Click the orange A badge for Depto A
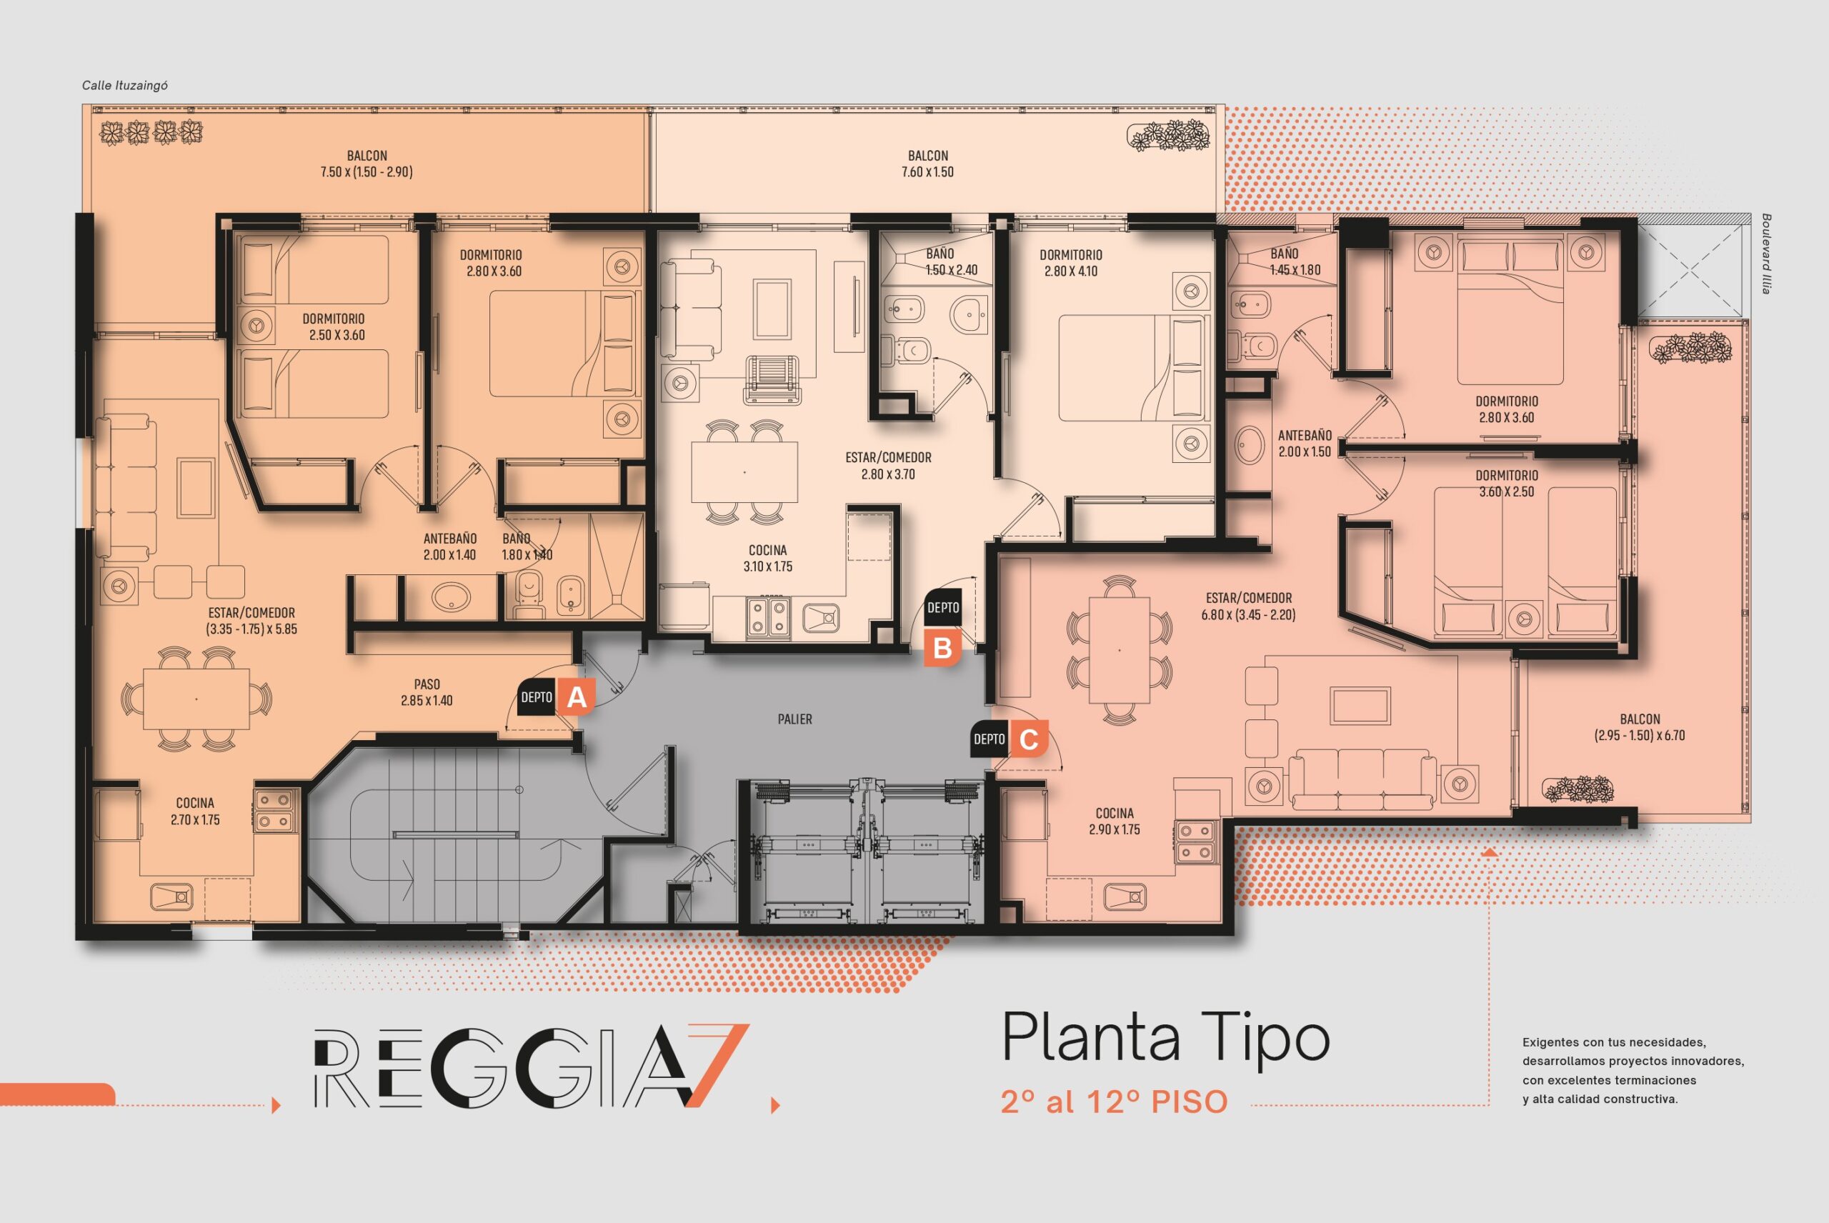577,697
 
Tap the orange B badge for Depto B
943,648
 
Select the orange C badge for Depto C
1029,739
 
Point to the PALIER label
794,719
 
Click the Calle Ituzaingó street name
125,85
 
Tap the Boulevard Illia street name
1766,254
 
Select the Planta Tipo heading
1165,1037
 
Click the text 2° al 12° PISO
1115,1102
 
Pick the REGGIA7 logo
531,1065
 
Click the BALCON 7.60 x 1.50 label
927,164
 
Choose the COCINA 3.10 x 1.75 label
767,559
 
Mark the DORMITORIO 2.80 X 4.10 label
1071,263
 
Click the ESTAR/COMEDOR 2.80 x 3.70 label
888,466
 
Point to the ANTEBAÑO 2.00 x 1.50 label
1305,443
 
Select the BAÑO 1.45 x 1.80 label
1295,262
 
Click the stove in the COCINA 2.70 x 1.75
274,810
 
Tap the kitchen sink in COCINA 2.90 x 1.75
1125,897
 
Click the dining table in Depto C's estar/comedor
1120,651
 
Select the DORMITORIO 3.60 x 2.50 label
1507,484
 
